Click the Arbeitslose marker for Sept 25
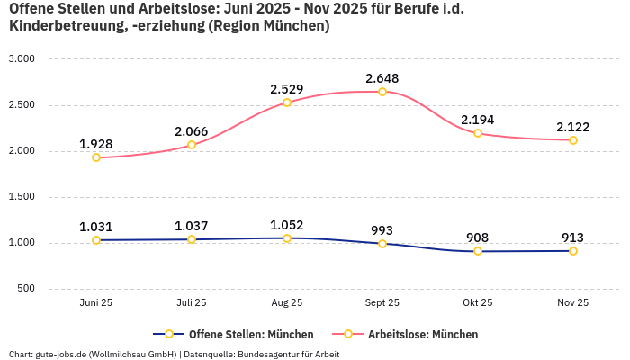point(382,92)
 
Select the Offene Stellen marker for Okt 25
point(478,251)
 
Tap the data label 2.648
point(382,78)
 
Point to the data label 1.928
point(96,144)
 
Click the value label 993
point(382,230)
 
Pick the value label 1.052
point(287,225)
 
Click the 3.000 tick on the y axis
point(21,58)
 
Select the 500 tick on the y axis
point(26,289)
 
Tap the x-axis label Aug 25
point(287,303)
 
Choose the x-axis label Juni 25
point(96,303)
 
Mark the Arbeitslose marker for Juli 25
point(192,145)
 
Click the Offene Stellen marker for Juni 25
point(96,240)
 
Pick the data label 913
point(573,238)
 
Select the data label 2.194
point(478,120)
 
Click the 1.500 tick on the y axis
point(21,197)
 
